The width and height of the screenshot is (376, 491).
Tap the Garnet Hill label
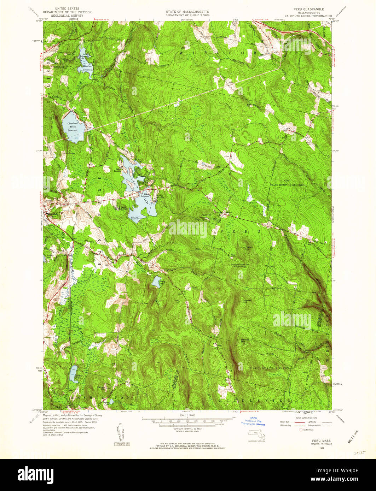(245, 340)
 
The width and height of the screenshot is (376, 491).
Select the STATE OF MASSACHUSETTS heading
(187, 12)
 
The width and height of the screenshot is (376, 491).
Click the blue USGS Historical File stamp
(254, 422)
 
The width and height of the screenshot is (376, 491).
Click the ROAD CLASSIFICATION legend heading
(302, 418)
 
